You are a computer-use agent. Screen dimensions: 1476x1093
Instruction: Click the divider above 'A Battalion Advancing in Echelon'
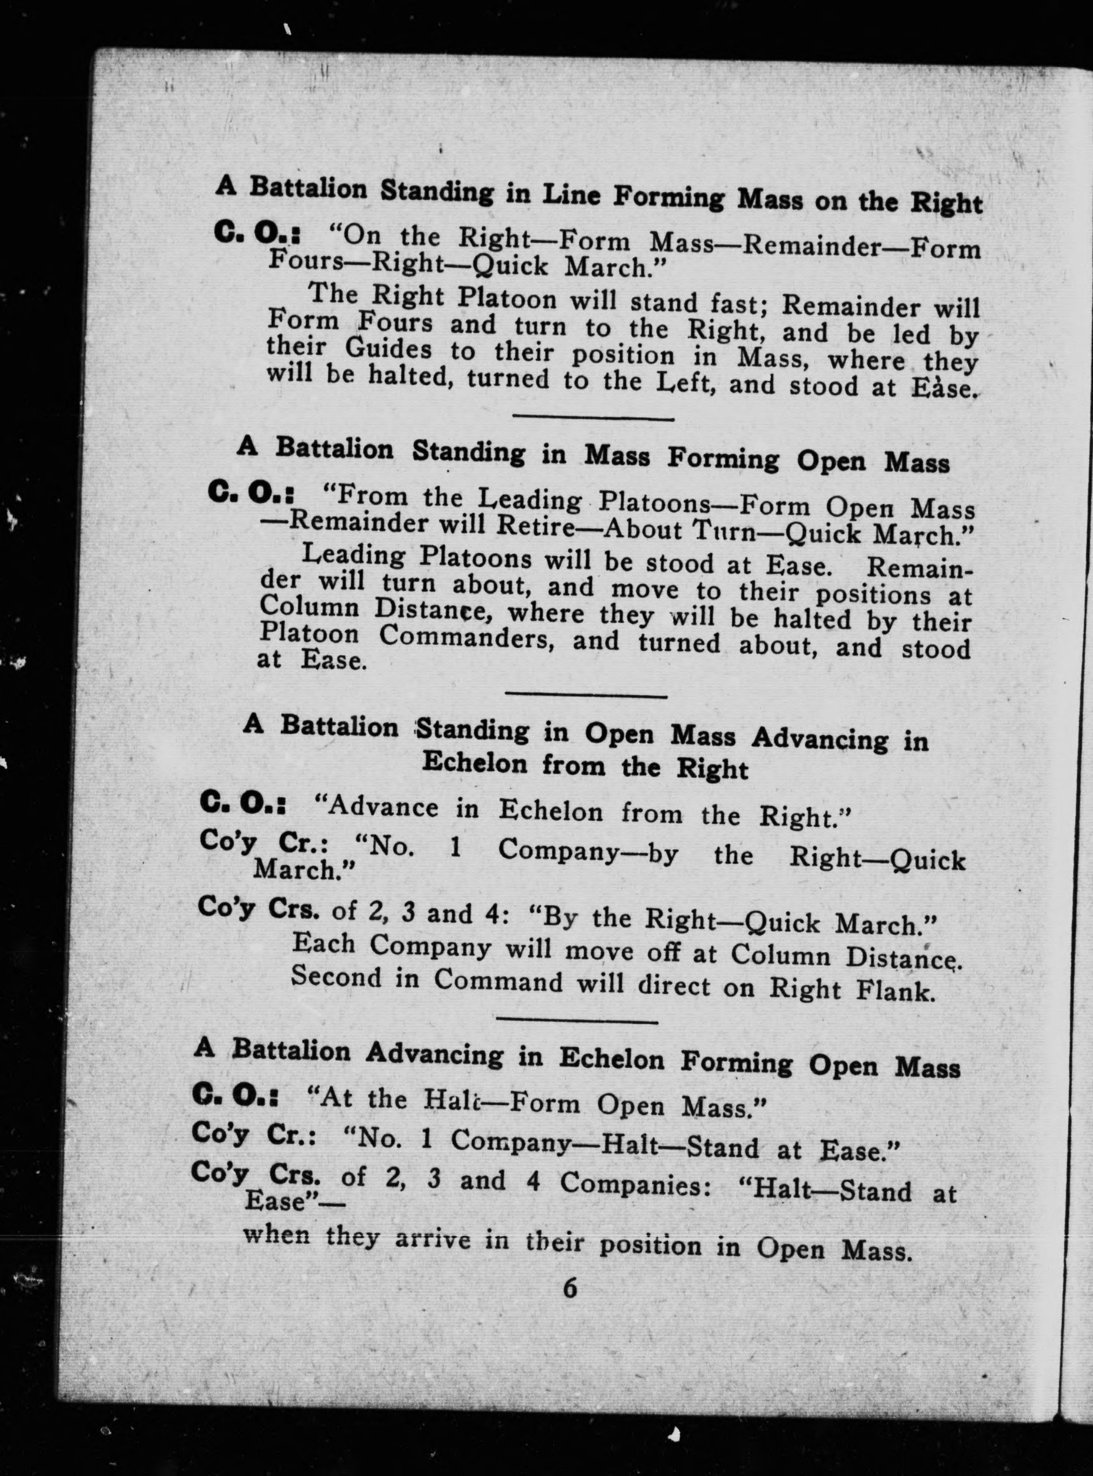pos(576,1021)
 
